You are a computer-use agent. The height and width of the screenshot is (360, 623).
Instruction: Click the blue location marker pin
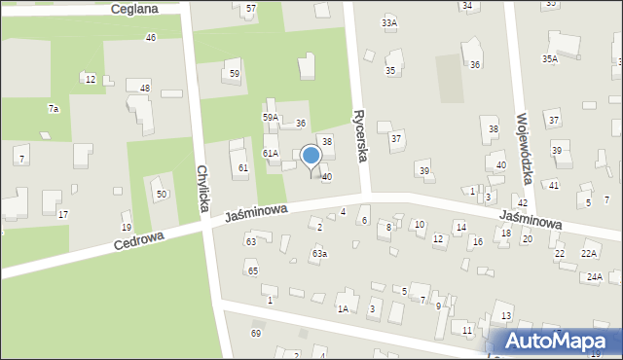pos(311,156)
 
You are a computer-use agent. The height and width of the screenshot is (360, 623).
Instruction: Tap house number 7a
pos(54,109)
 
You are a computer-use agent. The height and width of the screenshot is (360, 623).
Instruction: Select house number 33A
pos(389,22)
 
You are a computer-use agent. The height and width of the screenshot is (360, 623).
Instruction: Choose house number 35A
pos(550,59)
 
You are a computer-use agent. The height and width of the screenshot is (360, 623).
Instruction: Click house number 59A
pos(271,117)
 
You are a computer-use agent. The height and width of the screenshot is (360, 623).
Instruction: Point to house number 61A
pos(271,153)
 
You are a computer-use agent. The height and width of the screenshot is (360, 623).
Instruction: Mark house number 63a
pos(319,254)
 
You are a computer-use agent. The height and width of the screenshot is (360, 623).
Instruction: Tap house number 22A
pos(589,253)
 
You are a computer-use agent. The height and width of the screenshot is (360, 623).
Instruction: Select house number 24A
pos(594,276)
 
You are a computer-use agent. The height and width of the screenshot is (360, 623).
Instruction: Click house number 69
pos(256,334)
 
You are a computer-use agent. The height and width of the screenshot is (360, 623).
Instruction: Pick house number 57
pos(251,8)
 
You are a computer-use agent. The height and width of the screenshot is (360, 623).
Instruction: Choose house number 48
pos(145,88)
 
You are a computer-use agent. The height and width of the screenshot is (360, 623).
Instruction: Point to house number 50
pos(162,195)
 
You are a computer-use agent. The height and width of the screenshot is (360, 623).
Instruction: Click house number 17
pos(63,214)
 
